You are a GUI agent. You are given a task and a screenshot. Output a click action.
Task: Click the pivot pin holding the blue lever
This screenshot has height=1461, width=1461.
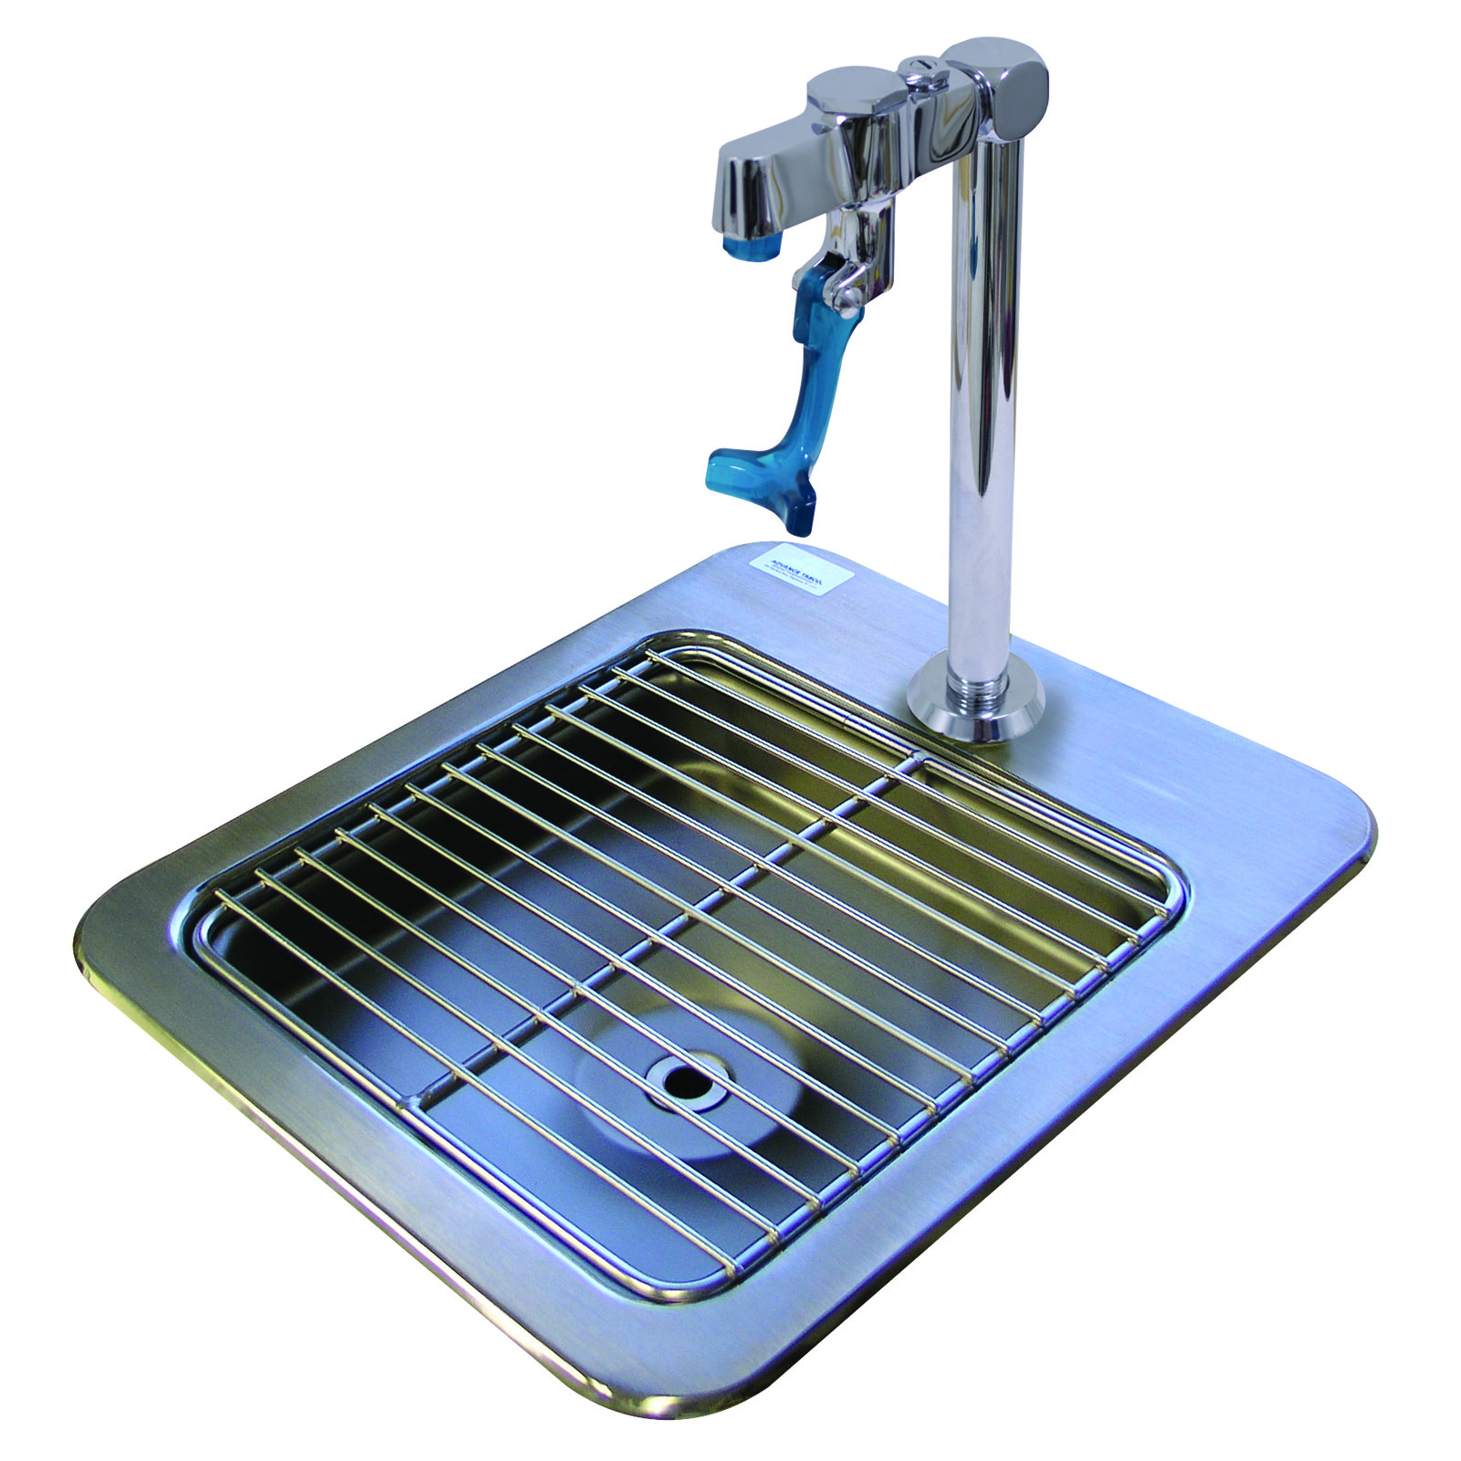pos(836,289)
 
